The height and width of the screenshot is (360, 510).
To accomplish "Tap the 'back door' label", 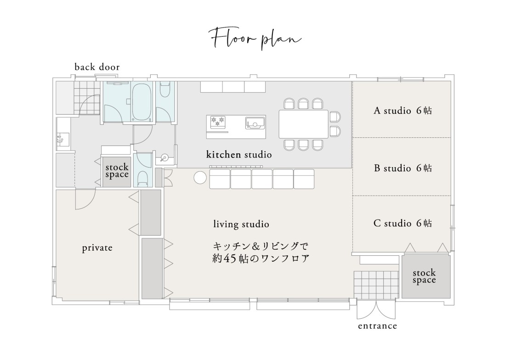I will (x=97, y=67).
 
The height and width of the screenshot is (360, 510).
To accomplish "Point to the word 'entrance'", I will (x=377, y=326).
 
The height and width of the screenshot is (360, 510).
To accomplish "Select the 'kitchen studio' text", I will (x=239, y=155).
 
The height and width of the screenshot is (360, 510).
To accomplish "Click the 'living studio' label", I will (x=241, y=225).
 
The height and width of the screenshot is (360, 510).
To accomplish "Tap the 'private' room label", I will (x=97, y=248).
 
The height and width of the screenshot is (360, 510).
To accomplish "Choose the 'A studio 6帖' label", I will (x=402, y=111).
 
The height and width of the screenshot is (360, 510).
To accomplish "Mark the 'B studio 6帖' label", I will (x=402, y=168).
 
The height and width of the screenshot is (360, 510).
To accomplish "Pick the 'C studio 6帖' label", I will (x=402, y=224).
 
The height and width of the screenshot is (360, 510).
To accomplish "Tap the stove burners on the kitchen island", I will (x=217, y=121).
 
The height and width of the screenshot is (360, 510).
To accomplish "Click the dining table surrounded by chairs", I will (x=304, y=124).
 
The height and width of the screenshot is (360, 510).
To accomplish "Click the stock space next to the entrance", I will (x=424, y=276).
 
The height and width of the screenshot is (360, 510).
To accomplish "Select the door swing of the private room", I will (x=85, y=200).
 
